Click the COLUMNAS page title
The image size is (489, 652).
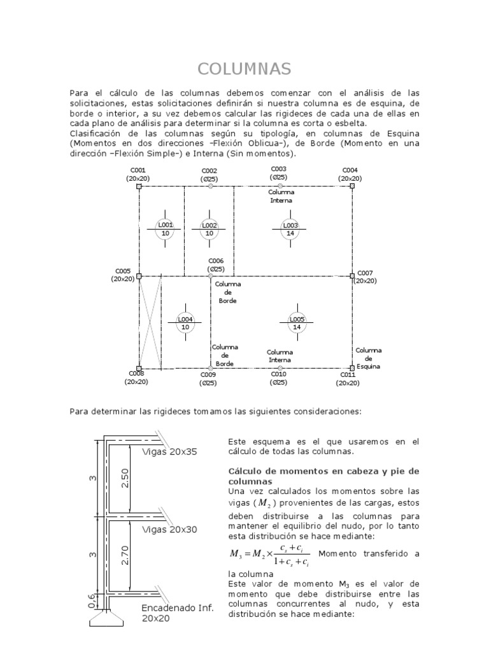click(244, 69)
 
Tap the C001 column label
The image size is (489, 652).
click(138, 170)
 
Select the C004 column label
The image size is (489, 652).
click(350, 170)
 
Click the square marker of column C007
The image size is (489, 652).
click(352, 276)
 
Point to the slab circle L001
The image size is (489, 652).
click(166, 229)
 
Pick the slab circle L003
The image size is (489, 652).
click(290, 229)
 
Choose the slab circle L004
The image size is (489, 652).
click(185, 323)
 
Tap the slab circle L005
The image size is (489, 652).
click(297, 323)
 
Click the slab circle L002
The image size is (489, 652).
click(209, 229)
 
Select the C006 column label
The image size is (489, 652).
click(216, 261)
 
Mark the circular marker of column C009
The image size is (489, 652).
click(210, 368)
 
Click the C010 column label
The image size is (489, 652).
click(279, 375)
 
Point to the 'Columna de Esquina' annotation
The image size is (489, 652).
click(368, 358)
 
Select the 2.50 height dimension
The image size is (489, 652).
click(125, 479)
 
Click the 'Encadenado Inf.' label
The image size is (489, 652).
click(178, 607)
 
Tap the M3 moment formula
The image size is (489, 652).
click(270, 554)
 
